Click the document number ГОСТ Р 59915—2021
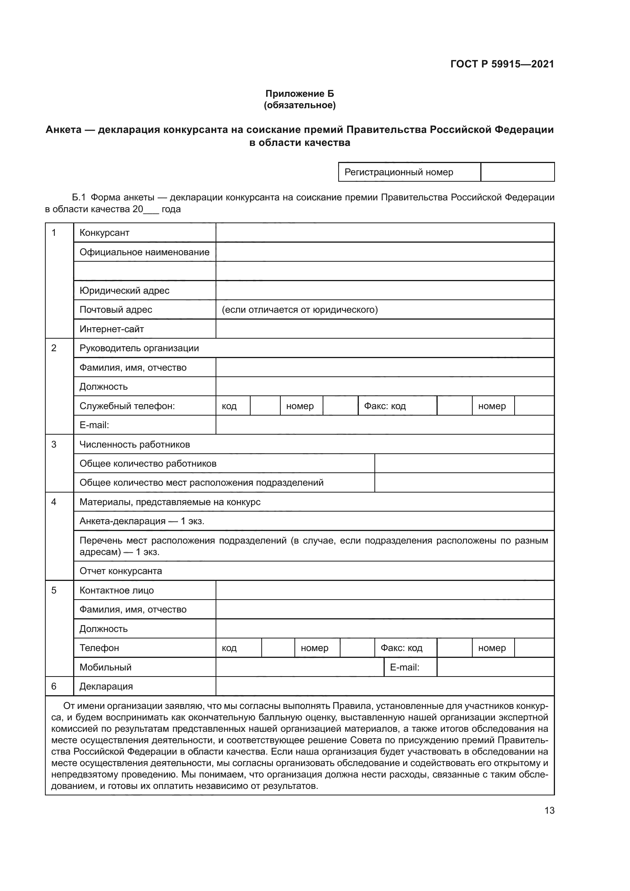[x=502, y=64]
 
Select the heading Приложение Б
[x=299, y=94]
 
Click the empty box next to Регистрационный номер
[x=517, y=172]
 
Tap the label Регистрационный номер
[x=398, y=172]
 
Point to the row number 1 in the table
[x=54, y=232]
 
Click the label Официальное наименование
[x=144, y=252]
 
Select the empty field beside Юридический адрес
[x=384, y=290]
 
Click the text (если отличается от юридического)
[x=299, y=309]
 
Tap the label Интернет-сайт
[x=112, y=329]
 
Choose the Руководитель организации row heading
[x=139, y=348]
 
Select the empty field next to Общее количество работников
[x=464, y=463]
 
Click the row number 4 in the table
[x=54, y=502]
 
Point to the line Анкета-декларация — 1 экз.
[x=142, y=521]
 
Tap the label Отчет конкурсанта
[x=121, y=571]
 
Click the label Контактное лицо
[x=117, y=590]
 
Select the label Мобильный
[x=106, y=667]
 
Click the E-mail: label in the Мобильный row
[x=404, y=667]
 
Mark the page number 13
[x=549, y=810]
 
